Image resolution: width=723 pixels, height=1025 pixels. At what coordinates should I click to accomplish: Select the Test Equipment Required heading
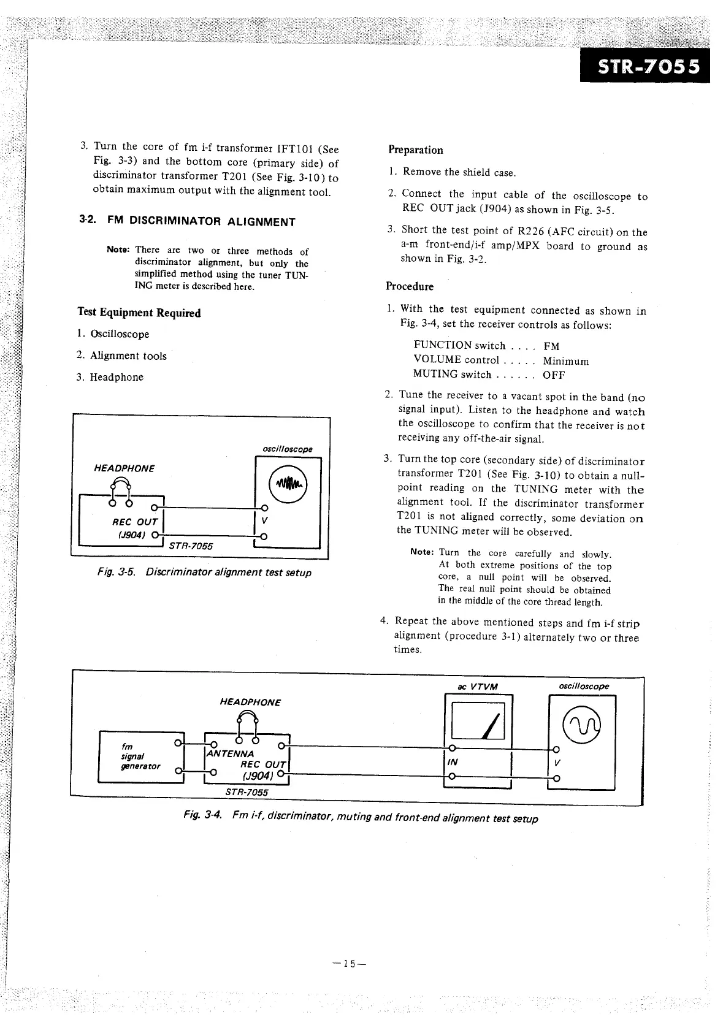click(139, 313)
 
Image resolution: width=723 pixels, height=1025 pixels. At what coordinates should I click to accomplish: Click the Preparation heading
click(415, 150)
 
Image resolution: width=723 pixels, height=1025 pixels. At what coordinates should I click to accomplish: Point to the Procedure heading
click(409, 286)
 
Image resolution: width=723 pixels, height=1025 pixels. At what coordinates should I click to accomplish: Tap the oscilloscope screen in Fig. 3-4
click(582, 728)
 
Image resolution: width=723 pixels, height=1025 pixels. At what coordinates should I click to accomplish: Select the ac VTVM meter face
click(478, 720)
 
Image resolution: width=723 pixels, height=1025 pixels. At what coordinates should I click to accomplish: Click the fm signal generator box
click(140, 757)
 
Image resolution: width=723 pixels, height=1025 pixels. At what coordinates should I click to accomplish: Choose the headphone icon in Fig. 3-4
click(248, 723)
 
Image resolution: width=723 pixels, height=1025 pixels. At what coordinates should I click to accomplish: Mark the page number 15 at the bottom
click(349, 963)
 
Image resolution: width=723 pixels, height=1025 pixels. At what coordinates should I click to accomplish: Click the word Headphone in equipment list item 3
click(117, 377)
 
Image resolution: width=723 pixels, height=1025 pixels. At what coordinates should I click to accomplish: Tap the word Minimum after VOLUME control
click(565, 361)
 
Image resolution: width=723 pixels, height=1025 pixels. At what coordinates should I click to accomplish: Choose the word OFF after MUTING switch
click(554, 375)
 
